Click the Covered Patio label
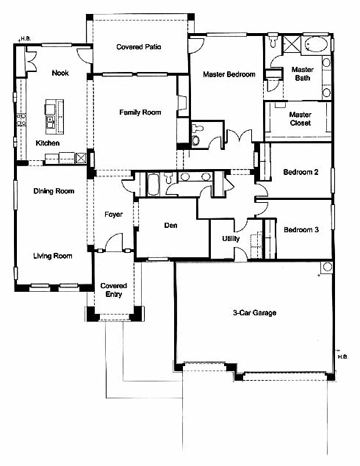click(x=139, y=47)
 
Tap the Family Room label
click(x=140, y=112)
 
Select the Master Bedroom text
click(x=229, y=74)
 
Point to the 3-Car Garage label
click(x=254, y=312)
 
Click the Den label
click(x=170, y=226)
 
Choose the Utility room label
click(x=231, y=239)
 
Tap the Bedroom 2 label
click(x=300, y=172)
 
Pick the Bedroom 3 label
click(x=301, y=230)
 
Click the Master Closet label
click(x=300, y=118)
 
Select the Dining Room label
click(x=54, y=191)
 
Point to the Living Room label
click(x=53, y=256)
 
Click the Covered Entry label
click(x=114, y=290)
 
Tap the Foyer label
click(x=113, y=215)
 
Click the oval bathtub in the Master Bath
click(x=317, y=45)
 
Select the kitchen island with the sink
click(x=54, y=116)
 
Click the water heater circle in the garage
click(x=328, y=267)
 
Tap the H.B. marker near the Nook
click(x=26, y=39)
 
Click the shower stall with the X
click(x=291, y=44)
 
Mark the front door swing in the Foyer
click(x=114, y=242)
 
